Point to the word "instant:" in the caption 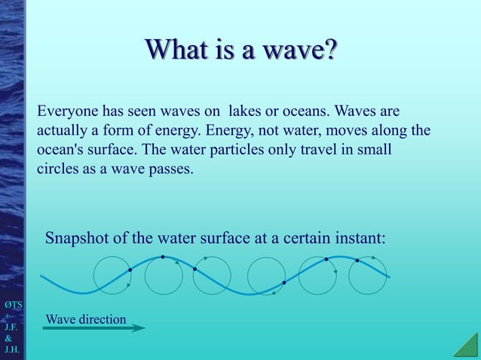pyautogui.click(x=359, y=239)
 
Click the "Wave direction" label pyautogui.click(x=86, y=319)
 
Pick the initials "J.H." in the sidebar pyautogui.click(x=11, y=350)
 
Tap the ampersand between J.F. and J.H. pyautogui.click(x=9, y=339)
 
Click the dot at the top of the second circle pyautogui.click(x=163, y=258)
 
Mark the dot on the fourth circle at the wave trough pyautogui.click(x=283, y=283)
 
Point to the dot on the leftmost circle pyautogui.click(x=130, y=270)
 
